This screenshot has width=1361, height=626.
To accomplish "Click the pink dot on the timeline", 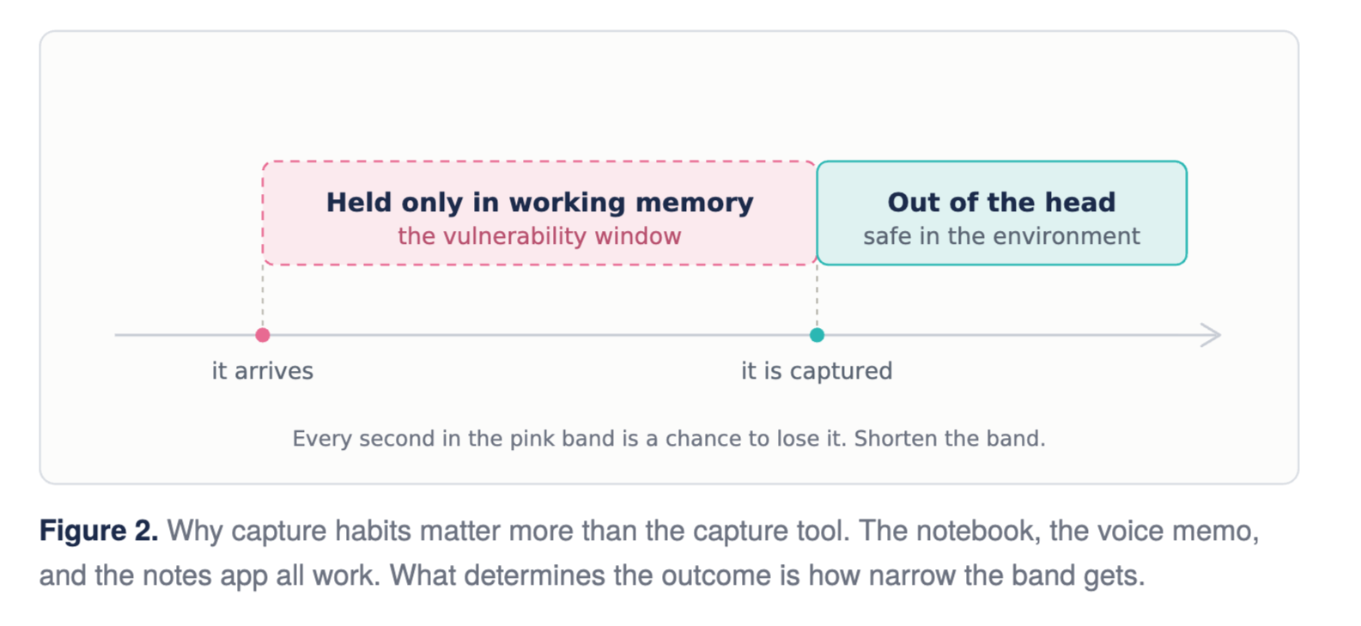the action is click(263, 335).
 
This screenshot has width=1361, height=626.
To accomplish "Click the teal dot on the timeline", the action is click(817, 335).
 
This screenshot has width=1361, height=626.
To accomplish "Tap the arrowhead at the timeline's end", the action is click(1212, 335).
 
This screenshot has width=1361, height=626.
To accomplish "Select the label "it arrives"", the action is click(263, 371).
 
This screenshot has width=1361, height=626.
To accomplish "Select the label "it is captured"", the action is click(817, 371).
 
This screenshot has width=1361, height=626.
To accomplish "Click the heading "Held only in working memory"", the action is click(539, 203).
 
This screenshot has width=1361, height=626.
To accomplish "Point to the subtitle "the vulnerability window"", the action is click(539, 236).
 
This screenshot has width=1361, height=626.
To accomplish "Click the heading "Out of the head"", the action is click(1001, 203).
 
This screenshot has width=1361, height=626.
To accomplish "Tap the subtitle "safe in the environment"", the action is click(1001, 236).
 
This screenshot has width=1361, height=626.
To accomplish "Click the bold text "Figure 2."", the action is click(99, 532).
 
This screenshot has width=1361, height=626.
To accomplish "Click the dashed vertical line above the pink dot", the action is click(263, 296).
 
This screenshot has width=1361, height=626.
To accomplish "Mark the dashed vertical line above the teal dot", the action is click(817, 296).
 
